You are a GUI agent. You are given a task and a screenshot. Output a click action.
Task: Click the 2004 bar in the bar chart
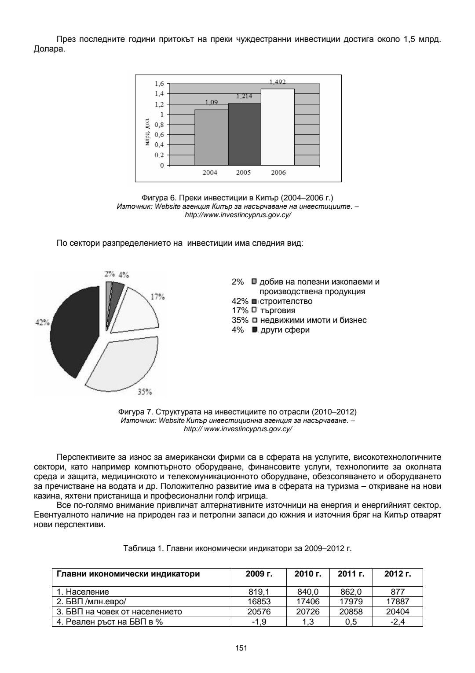tap(211, 137)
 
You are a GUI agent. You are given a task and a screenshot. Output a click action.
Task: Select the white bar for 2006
tap(278, 127)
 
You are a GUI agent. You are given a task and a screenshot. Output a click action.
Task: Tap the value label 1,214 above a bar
tap(244, 96)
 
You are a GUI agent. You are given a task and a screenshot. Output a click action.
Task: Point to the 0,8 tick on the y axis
tap(159, 124)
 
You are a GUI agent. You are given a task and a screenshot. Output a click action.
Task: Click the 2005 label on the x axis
tap(244, 173)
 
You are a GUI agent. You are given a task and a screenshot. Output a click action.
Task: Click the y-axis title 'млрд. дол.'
tap(147, 132)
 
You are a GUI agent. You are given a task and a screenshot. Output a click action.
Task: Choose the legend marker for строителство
tap(254, 301)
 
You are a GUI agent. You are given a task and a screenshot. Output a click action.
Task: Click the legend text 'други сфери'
tap(285, 330)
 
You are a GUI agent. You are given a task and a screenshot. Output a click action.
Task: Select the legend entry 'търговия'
tap(278, 311)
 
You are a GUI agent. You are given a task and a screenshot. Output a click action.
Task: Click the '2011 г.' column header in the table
tap(351, 574)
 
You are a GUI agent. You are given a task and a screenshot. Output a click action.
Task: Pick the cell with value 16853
tap(259, 602)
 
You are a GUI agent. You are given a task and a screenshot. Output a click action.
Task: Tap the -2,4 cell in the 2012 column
tap(397, 621)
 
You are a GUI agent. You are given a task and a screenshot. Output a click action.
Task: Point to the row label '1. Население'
tap(83, 592)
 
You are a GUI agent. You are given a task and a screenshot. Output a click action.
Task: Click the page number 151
tap(237, 648)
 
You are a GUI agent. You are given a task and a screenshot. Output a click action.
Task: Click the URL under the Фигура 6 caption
tap(237, 215)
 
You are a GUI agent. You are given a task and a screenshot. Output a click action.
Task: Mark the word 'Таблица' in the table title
tap(137, 549)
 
